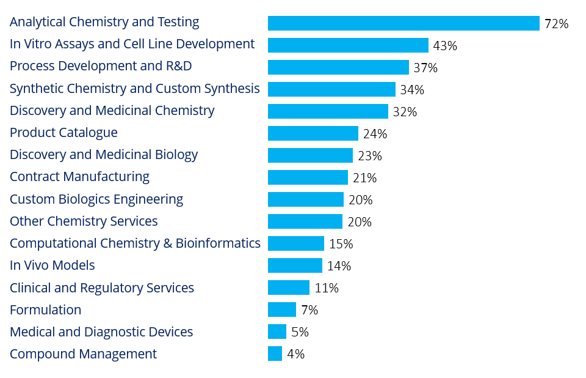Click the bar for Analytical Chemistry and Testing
click(403, 23)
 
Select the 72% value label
click(557, 24)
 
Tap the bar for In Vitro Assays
click(348, 45)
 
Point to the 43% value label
click(445, 46)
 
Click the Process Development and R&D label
click(101, 66)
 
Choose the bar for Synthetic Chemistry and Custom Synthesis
click(331, 89)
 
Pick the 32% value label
click(405, 112)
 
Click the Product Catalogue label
click(63, 133)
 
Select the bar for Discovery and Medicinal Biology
click(310, 155)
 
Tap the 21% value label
click(365, 177)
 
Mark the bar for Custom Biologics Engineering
click(306, 199)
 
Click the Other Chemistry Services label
click(84, 221)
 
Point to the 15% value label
click(341, 244)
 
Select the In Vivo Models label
click(52, 265)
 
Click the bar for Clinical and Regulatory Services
click(289, 287)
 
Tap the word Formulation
click(46, 310)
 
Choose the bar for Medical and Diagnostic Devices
click(277, 332)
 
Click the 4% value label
click(295, 354)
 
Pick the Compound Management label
click(84, 354)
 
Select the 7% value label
click(309, 310)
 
